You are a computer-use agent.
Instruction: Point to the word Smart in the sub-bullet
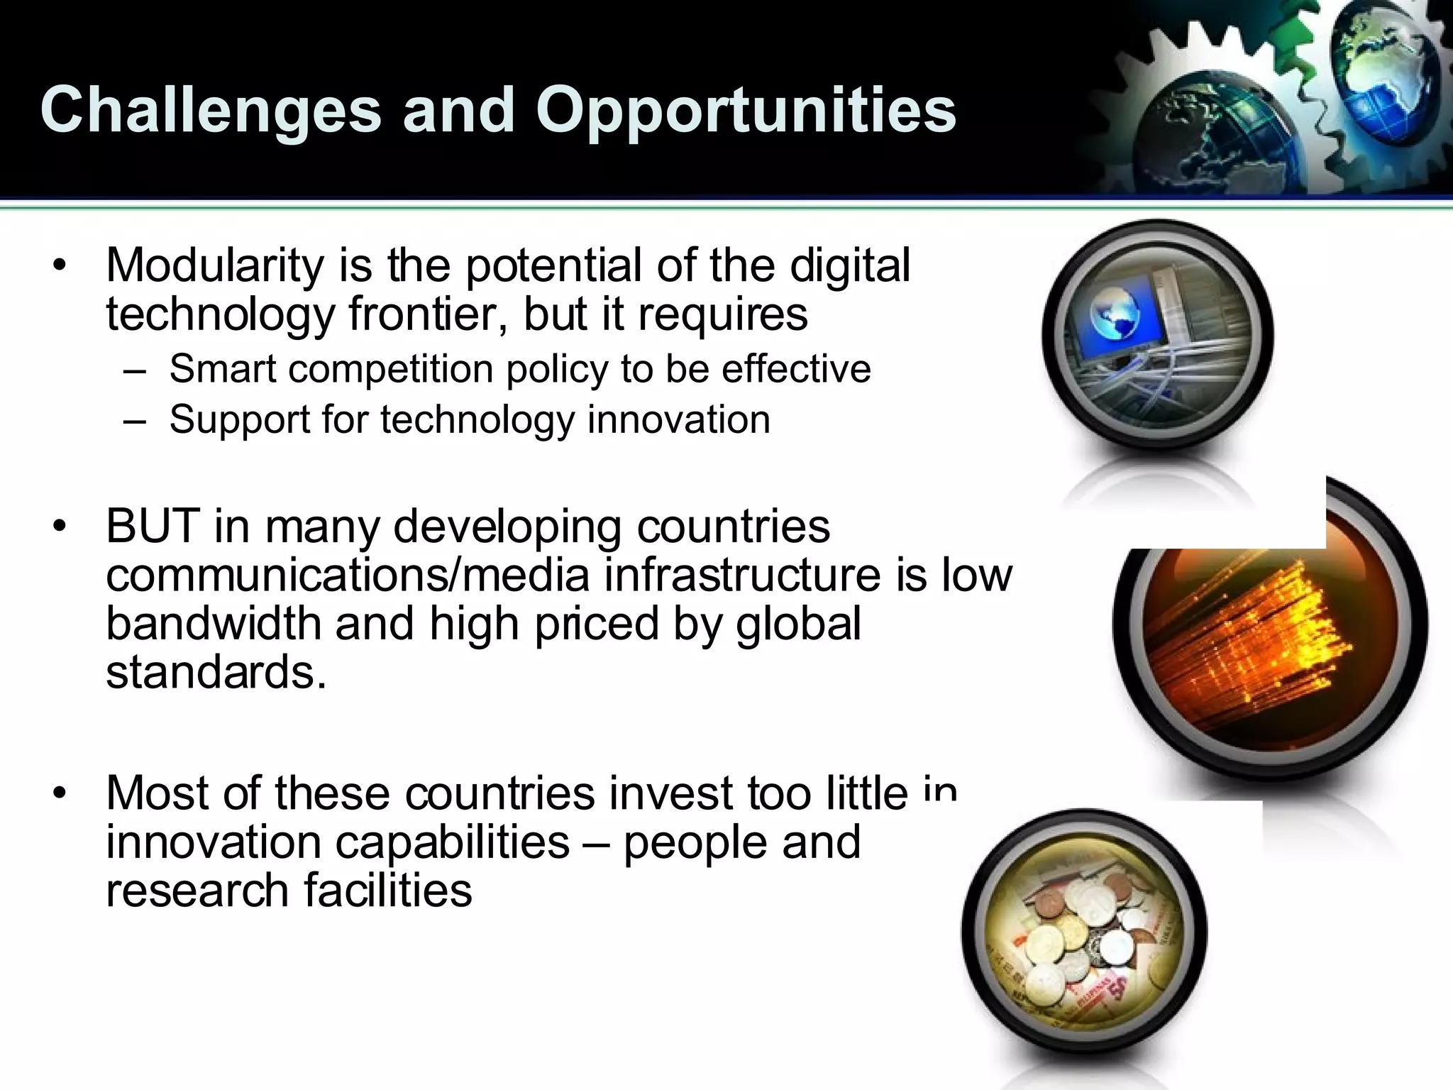pyautogui.click(x=222, y=369)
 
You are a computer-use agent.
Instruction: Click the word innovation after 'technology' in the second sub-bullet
pyautogui.click(x=678, y=419)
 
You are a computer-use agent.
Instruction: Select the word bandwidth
pyautogui.click(x=214, y=623)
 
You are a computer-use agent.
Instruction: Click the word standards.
pyautogui.click(x=216, y=671)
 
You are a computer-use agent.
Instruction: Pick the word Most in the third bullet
pyautogui.click(x=156, y=793)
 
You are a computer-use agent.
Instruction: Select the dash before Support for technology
pyautogui.click(x=134, y=420)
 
